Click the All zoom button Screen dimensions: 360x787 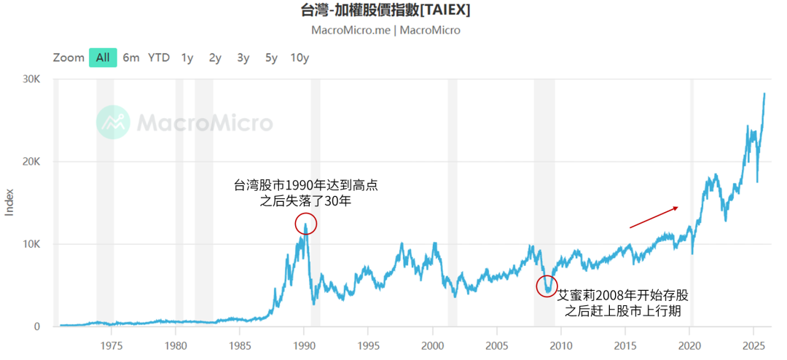[103, 58]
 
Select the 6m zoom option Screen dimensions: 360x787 [131, 58]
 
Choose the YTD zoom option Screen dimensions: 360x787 [159, 58]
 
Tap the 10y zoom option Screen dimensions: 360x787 [299, 58]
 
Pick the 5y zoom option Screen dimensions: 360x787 [271, 58]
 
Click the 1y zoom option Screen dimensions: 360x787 [187, 58]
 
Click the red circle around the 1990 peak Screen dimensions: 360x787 [306, 224]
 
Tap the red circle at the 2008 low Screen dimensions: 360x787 [547, 286]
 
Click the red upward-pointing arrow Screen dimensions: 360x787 [654, 217]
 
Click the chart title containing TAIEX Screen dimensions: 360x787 [385, 10]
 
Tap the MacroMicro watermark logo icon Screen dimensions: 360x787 [113, 122]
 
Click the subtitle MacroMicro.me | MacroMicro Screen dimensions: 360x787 [385, 31]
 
